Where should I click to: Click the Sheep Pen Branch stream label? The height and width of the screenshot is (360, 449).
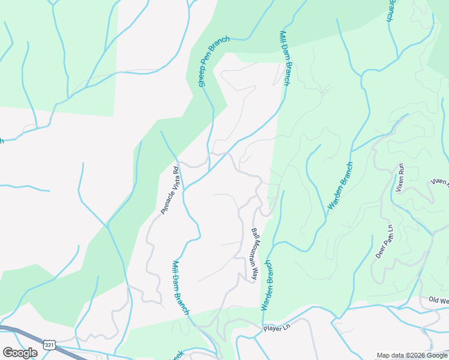pos(214,62)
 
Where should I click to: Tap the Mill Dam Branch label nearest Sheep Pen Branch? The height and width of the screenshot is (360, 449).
pos(285,58)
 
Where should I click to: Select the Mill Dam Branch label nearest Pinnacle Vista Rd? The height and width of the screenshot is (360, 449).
pos(181,287)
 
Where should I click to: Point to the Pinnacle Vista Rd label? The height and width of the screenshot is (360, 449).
pos(170,190)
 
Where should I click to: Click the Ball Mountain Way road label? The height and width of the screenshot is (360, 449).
pos(255,255)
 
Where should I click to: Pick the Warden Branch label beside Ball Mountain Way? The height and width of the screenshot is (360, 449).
pos(267,285)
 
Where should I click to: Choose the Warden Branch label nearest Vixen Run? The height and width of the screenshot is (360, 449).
pos(340,186)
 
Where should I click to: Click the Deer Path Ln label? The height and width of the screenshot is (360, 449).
pos(384,241)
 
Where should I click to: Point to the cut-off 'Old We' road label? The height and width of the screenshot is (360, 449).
pos(438,300)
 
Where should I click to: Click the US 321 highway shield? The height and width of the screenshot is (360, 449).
pos(49,344)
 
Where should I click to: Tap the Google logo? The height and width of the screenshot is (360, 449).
pos(20,353)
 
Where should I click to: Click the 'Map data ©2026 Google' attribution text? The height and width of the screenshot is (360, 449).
pos(411,355)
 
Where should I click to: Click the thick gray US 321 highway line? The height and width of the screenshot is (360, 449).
pos(24,334)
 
